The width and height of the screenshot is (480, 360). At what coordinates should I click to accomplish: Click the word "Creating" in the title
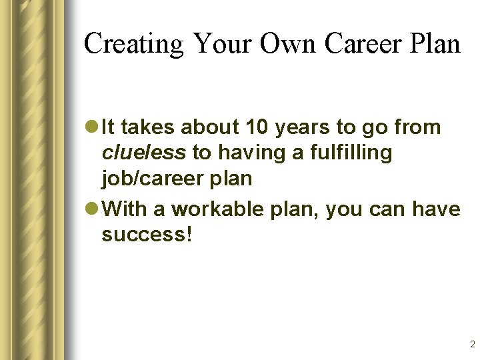(x=133, y=44)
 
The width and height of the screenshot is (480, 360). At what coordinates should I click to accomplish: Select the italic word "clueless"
(x=144, y=153)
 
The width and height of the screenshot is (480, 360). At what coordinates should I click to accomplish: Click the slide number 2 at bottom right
(x=472, y=345)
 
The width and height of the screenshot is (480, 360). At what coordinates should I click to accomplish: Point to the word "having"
(x=250, y=153)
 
